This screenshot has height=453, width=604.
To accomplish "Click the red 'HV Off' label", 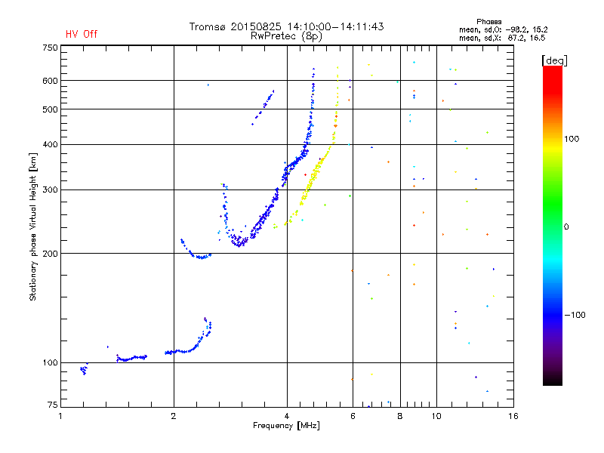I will tap(82, 34).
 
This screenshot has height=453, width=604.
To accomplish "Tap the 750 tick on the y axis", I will tap(50, 48).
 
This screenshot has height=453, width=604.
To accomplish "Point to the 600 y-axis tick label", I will tap(50, 81).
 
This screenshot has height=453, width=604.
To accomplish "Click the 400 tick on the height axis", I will tap(50, 144).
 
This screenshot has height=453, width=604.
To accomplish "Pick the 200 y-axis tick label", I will tap(50, 254).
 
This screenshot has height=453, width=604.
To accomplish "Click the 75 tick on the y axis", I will tap(52, 407).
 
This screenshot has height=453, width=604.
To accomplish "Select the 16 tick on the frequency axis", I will tap(512, 416).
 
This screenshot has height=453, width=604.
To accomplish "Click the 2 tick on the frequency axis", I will tap(174, 416).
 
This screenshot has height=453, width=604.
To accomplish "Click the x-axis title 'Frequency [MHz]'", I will tap(287, 427).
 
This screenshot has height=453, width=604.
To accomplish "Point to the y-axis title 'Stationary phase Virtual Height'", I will tap(33, 226).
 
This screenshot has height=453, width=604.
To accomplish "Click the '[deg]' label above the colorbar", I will tap(554, 60).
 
